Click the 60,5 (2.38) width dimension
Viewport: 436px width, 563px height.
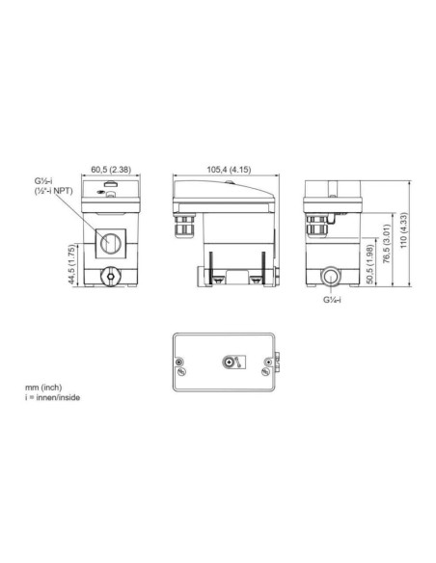(111, 169)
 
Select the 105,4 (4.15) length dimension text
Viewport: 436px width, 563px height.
(229, 169)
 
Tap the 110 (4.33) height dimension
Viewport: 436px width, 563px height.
(403, 230)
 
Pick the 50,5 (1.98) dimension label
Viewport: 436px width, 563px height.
(369, 264)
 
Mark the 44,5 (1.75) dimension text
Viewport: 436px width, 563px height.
(71, 264)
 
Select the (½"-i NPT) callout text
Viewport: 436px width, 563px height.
(53, 191)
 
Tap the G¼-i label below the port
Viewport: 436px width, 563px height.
(332, 300)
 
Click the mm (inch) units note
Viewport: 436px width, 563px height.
(43, 388)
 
